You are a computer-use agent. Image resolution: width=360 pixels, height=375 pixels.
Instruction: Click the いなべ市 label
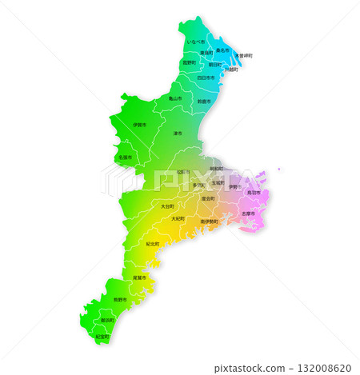click(195, 42)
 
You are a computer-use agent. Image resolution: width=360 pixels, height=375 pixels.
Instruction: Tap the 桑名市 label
click(222, 50)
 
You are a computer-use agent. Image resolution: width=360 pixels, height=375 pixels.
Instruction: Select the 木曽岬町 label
click(243, 55)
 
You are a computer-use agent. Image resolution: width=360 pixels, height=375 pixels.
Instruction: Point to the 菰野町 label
click(189, 62)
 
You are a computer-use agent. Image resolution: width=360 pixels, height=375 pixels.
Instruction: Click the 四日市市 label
click(206, 78)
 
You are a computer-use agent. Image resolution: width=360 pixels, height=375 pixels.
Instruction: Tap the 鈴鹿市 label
click(203, 102)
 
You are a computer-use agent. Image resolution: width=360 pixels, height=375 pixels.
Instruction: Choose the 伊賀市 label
click(139, 126)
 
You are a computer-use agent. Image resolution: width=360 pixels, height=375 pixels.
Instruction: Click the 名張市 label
click(126, 158)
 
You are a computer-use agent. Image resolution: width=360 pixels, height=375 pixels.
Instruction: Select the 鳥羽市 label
click(254, 192)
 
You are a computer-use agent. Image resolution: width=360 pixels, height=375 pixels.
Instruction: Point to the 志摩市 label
click(248, 213)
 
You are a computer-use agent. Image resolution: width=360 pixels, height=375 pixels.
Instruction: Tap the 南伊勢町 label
click(209, 221)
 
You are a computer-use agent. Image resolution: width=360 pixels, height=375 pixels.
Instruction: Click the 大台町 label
click(166, 205)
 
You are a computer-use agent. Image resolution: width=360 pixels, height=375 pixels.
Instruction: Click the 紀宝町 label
click(102, 337)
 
